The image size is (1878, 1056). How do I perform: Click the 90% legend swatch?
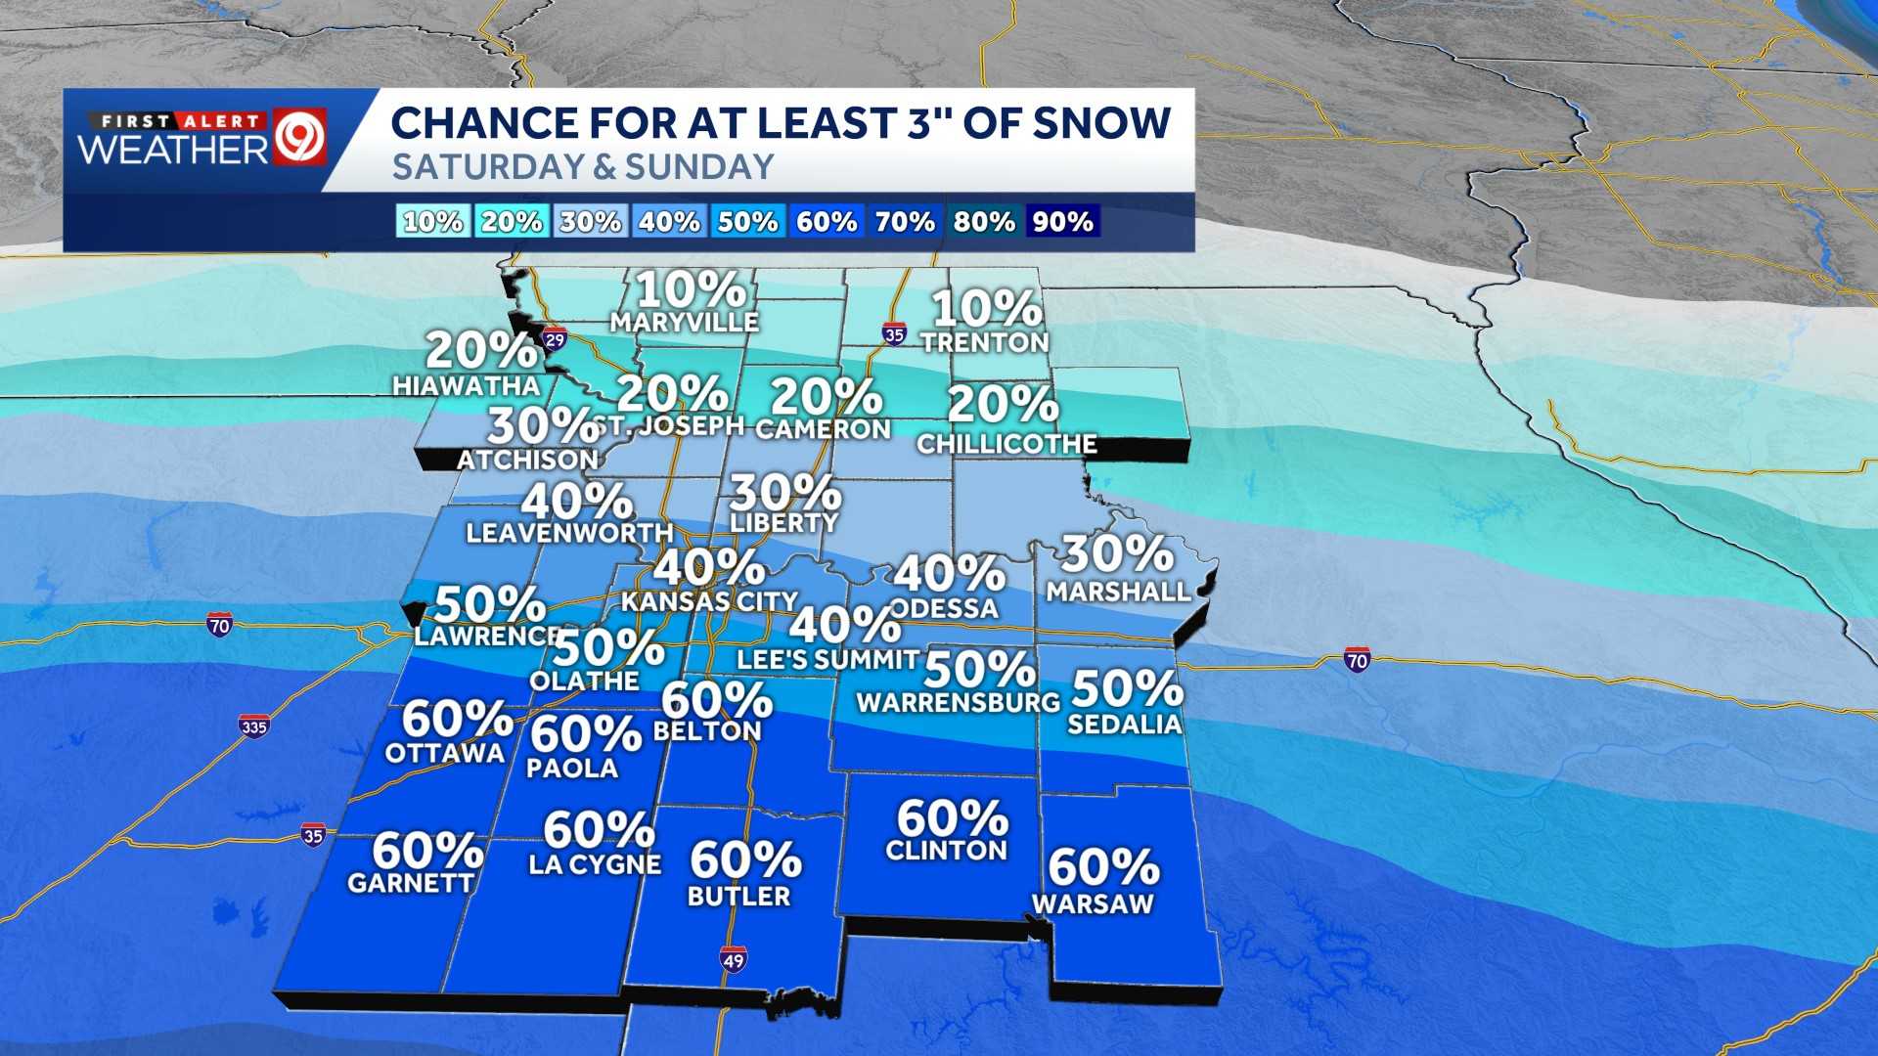click(1062, 222)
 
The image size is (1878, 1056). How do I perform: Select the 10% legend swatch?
click(432, 222)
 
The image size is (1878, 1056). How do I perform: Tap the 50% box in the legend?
click(747, 222)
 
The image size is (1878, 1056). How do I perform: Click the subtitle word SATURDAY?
click(487, 167)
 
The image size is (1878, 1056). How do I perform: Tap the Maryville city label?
click(684, 322)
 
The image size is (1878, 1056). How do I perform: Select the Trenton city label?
click(984, 342)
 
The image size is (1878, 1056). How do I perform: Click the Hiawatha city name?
click(467, 385)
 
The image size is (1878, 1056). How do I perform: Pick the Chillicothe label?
click(1006, 444)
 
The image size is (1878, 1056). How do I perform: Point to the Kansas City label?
click(710, 600)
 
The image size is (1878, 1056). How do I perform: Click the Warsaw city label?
click(1093, 903)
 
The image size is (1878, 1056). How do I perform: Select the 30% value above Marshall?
click(1117, 553)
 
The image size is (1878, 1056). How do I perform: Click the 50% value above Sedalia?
click(1127, 688)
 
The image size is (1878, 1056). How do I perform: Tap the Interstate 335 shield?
click(253, 726)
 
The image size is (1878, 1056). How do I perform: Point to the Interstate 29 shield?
click(555, 339)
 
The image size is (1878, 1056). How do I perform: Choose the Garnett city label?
click(411, 883)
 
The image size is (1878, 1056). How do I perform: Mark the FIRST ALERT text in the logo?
click(176, 121)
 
